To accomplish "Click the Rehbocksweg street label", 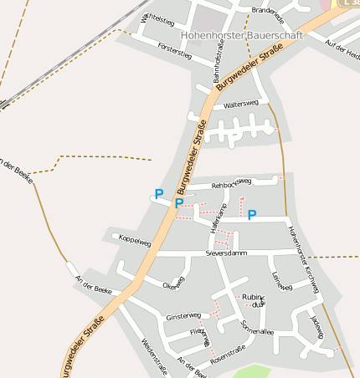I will [x=232, y=182].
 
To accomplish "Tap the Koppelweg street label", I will [x=136, y=242].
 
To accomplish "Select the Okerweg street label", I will [x=172, y=283].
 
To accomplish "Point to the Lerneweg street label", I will [x=281, y=281].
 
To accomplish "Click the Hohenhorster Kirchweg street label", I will [x=303, y=258].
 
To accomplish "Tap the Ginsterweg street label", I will [x=183, y=317].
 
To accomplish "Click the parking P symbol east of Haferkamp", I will [x=251, y=215].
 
